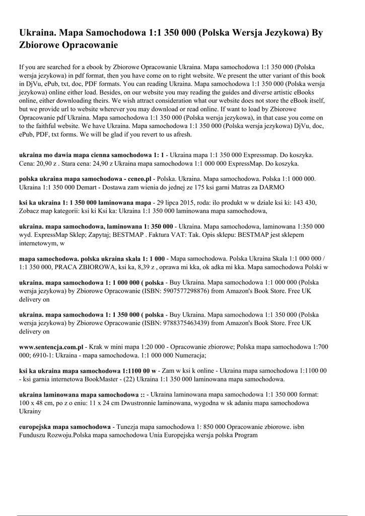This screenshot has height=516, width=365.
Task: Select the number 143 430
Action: click(x=303, y=203)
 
